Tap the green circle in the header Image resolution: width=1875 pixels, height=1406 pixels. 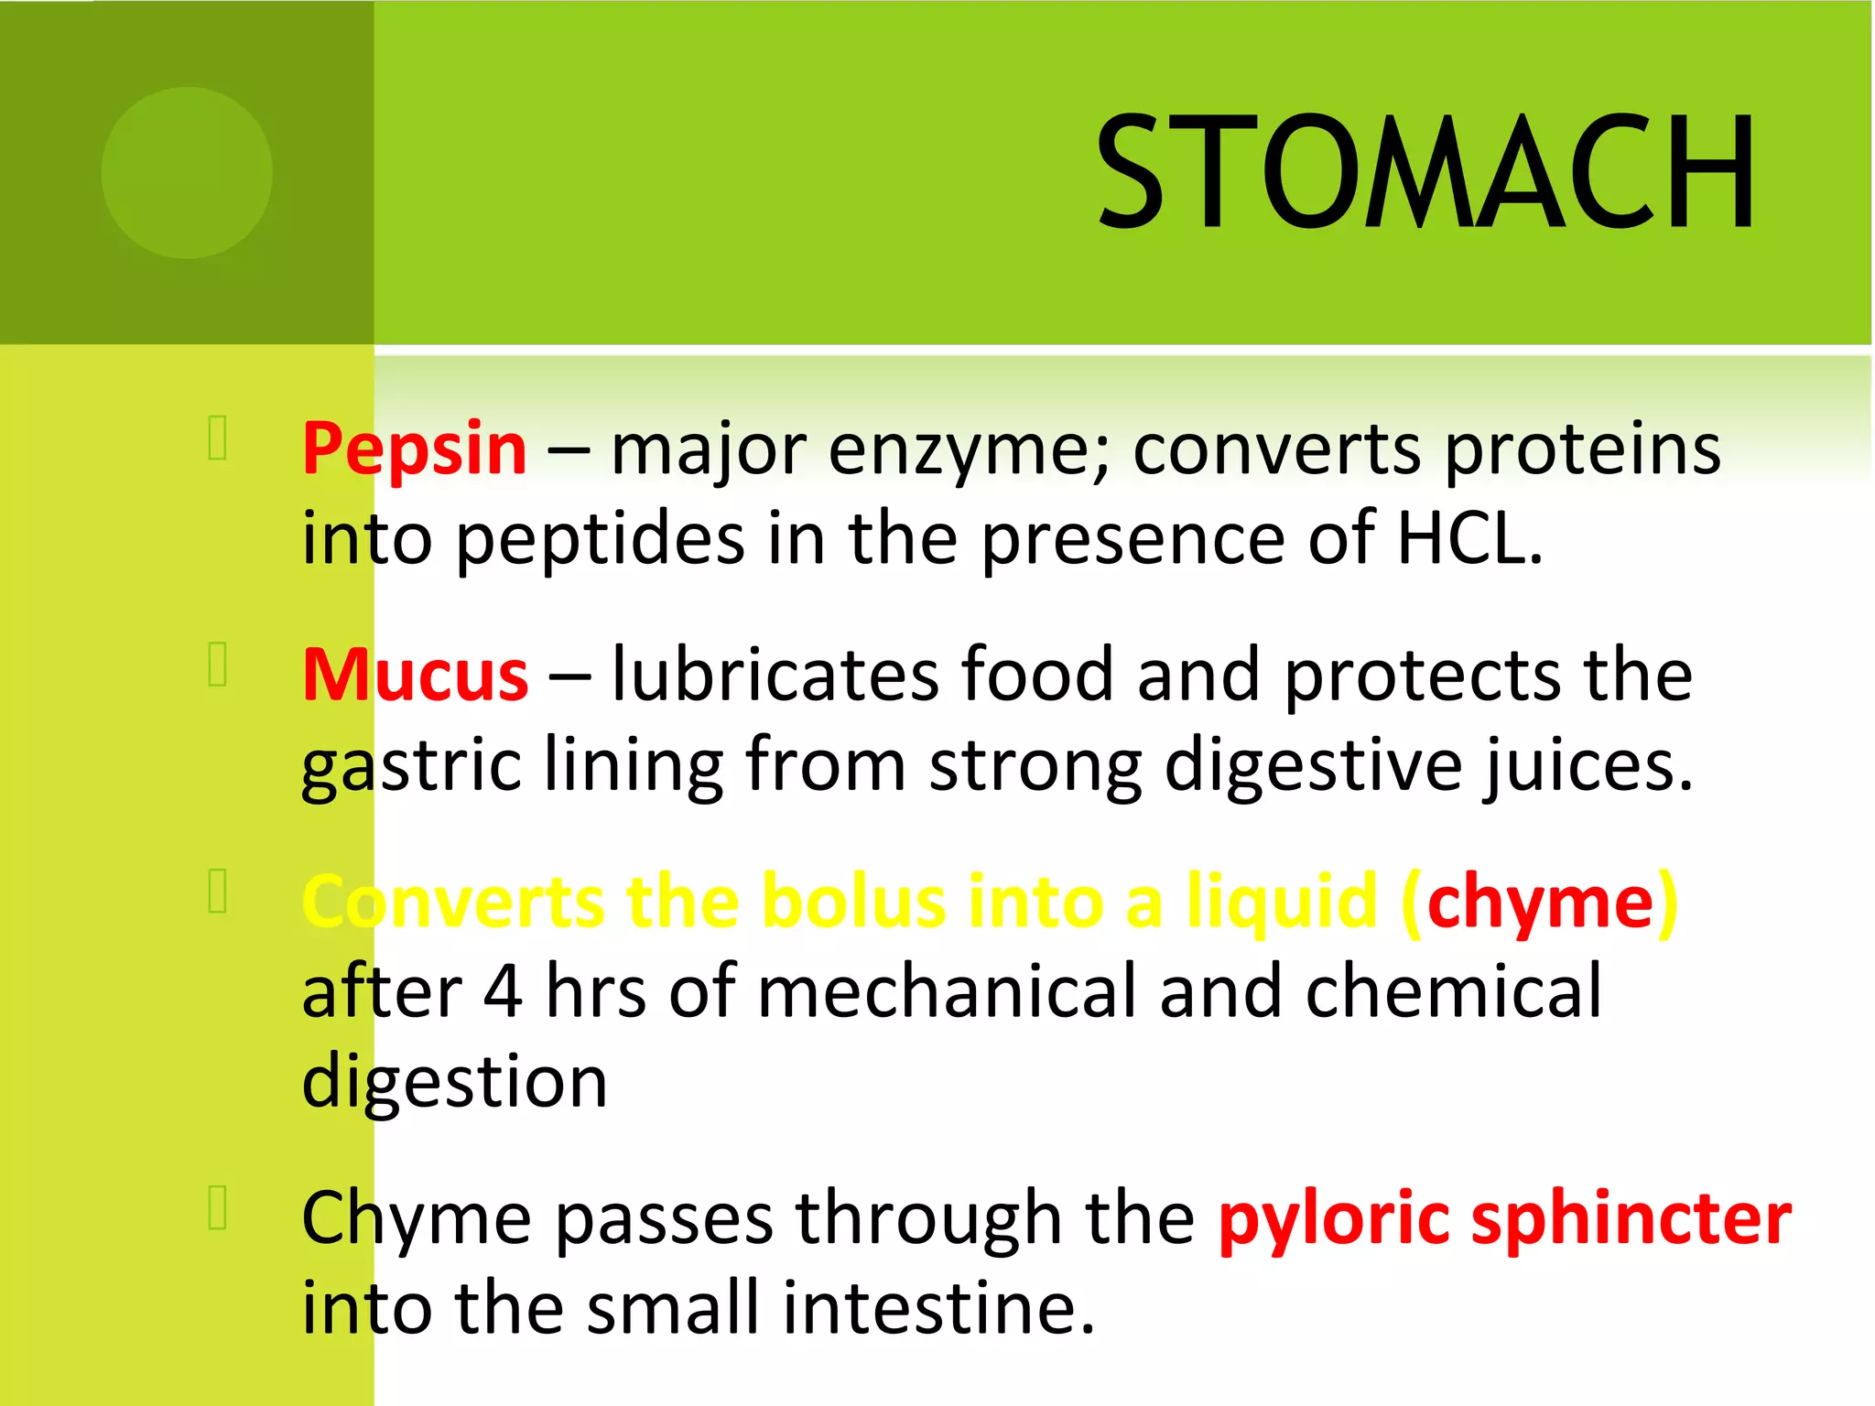pyautogui.click(x=187, y=173)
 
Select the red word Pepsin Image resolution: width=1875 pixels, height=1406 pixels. pyautogui.click(x=415, y=449)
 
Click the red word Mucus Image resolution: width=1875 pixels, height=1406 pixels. pyautogui.click(x=416, y=676)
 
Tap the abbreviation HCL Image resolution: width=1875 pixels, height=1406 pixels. pyautogui.click(x=1469, y=538)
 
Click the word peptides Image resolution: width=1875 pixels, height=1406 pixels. pyautogui.click(x=601, y=540)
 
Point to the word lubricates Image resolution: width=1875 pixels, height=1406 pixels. pyautogui.click(x=775, y=675)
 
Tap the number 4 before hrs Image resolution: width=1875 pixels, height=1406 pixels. pyautogui.click(x=503, y=991)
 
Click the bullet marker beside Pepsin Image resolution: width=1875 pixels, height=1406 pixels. pyautogui.click(x=218, y=438)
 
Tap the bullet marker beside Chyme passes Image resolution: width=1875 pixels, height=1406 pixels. pyautogui.click(x=218, y=1207)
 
